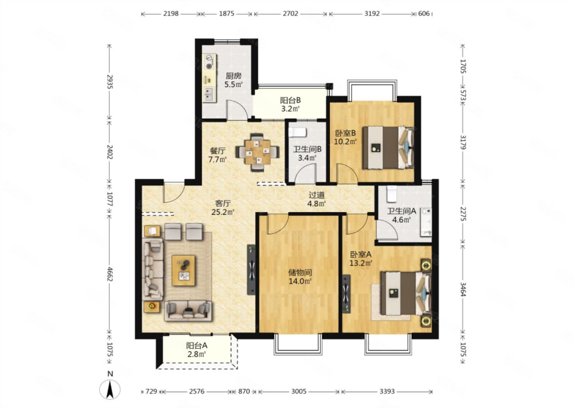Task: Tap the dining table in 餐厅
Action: pyautogui.click(x=257, y=152)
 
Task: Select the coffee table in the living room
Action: pyautogui.click(x=183, y=271)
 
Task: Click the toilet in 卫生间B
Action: pyautogui.click(x=297, y=132)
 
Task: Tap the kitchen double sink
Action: pyautogui.click(x=210, y=94)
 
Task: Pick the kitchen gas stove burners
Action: pyautogui.click(x=210, y=62)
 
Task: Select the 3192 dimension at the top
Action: pyautogui.click(x=372, y=13)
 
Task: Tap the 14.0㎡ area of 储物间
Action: pyautogui.click(x=300, y=281)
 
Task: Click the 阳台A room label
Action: pyautogui.click(x=197, y=346)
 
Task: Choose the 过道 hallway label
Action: pyautogui.click(x=316, y=195)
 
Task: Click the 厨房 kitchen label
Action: pyautogui.click(x=234, y=76)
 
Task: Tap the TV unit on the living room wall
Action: pyautogui.click(x=252, y=270)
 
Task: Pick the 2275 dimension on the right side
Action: pyautogui.click(x=463, y=214)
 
